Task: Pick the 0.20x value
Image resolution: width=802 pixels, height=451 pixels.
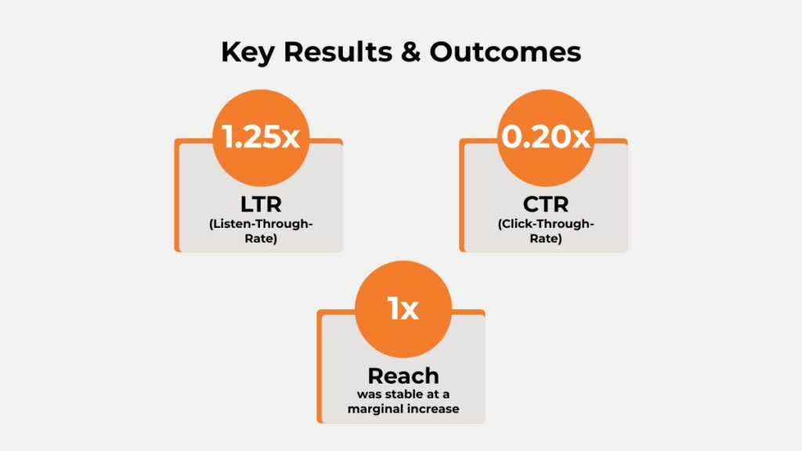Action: [x=546, y=138]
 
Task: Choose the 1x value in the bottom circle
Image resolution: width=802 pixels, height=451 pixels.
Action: [x=403, y=308]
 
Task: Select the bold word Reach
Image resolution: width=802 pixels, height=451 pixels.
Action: [x=403, y=375]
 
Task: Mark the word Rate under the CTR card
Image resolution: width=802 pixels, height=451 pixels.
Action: [x=545, y=239]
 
